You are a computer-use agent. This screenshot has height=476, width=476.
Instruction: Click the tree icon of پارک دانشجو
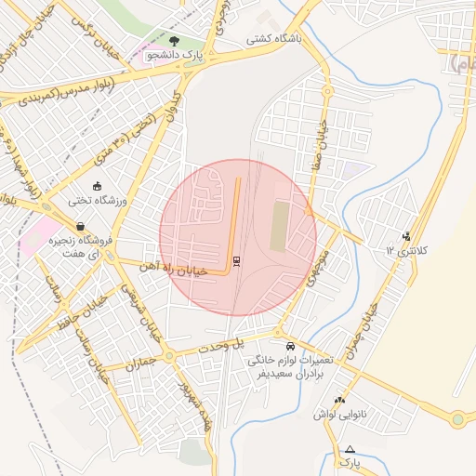pos(175,40)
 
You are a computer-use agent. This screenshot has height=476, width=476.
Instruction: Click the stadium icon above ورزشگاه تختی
pos(98,185)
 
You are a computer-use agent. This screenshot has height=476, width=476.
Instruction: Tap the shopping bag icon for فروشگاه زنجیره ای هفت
pos(81,226)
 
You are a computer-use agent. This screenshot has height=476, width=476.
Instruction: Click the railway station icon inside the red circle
pos(236,260)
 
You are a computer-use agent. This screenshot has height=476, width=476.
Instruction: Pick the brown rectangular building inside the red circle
pos(279,227)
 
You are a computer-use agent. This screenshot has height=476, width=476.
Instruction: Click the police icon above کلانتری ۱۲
pos(405,235)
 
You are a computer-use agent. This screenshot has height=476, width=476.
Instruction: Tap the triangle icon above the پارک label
pos(350,449)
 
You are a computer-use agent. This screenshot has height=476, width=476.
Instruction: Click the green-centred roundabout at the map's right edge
pos(457,419)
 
